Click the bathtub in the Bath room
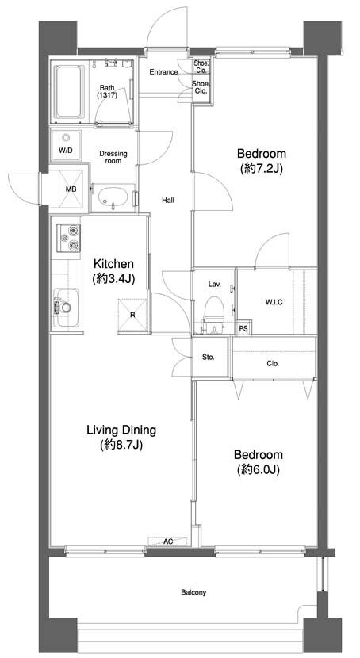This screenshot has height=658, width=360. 69,91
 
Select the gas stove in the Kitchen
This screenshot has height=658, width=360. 68,238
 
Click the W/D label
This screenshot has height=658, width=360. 65,150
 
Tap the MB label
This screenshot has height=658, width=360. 71,189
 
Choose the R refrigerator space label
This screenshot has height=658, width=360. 132,315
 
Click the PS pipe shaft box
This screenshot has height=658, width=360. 243,328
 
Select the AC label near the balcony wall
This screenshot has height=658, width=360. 168,541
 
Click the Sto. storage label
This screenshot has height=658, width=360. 208,358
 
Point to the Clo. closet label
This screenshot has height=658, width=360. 273,364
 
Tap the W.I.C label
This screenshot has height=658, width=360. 274,302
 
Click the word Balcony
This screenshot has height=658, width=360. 193,592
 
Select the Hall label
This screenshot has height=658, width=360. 168,200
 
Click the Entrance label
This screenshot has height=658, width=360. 163,72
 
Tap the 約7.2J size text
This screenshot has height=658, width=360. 262,168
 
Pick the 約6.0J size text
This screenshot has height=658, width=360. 258,469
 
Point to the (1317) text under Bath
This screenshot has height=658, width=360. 107,95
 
